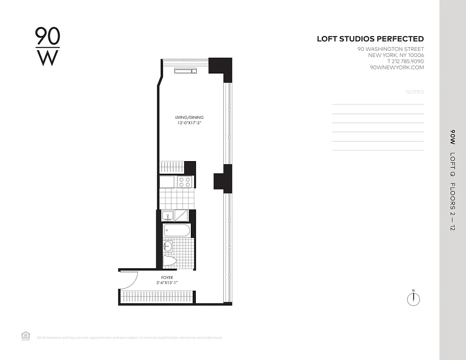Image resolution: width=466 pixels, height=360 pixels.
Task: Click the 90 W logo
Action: [x=47, y=46]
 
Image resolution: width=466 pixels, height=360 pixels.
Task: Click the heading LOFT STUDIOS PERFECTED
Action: [x=370, y=39]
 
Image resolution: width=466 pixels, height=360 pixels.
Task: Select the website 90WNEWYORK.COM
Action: [x=397, y=67]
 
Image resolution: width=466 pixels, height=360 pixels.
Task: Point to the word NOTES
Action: [x=415, y=92]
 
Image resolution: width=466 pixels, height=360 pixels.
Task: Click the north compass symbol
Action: [x=413, y=299]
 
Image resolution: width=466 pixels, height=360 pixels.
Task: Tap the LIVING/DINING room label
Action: [x=190, y=117]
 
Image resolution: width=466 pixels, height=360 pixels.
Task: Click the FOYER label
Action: [x=167, y=278]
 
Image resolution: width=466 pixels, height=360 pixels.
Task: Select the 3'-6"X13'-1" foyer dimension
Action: [x=167, y=283]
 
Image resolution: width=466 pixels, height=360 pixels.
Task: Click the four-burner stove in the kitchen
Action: [x=184, y=182]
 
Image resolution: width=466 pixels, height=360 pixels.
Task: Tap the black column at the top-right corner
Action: [x=222, y=67]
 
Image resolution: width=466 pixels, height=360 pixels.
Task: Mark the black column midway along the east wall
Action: [x=223, y=179]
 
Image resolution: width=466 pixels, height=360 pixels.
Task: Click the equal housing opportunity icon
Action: [x=26, y=336]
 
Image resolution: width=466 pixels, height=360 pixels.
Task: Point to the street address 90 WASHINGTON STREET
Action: [x=390, y=49]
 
